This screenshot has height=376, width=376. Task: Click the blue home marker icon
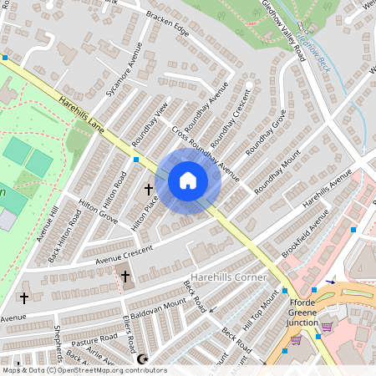[188, 180]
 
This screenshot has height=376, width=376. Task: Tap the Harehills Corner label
[228, 277]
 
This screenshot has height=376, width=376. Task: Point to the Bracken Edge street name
[167, 28]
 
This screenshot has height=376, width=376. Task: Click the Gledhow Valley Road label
[284, 30]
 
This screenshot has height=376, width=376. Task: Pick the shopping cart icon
[296, 340]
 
